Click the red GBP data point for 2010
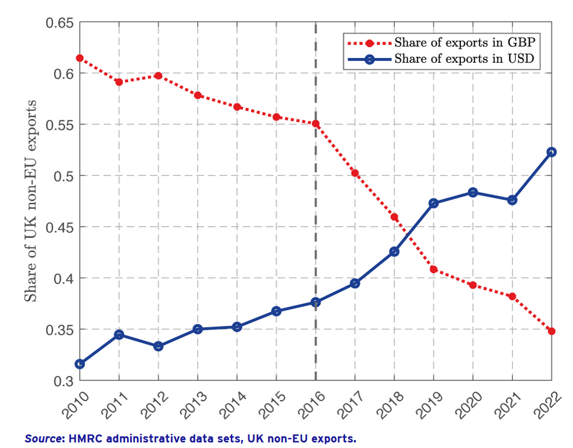pos(79,58)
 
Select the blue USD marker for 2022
pos(552,152)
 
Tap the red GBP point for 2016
pos(316,123)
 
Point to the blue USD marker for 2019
pos(434,203)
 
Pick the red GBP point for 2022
pos(552,331)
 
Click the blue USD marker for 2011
pos(119,335)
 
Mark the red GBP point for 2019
pos(434,269)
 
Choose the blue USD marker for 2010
pos(79,364)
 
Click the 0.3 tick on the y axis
pos(65,381)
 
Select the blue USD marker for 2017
pos(355,283)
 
